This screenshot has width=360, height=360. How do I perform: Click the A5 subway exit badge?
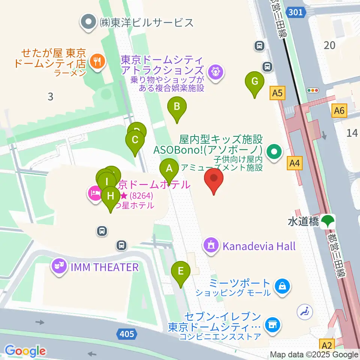[277, 93]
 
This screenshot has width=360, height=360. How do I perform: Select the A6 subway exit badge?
[340, 110]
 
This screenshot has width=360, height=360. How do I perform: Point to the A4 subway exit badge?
[295, 163]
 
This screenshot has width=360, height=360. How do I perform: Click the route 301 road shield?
[295, 12]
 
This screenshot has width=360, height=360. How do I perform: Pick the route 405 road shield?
[126, 333]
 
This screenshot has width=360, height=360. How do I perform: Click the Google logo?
[25, 351]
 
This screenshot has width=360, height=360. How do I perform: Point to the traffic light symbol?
[312, 90]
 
